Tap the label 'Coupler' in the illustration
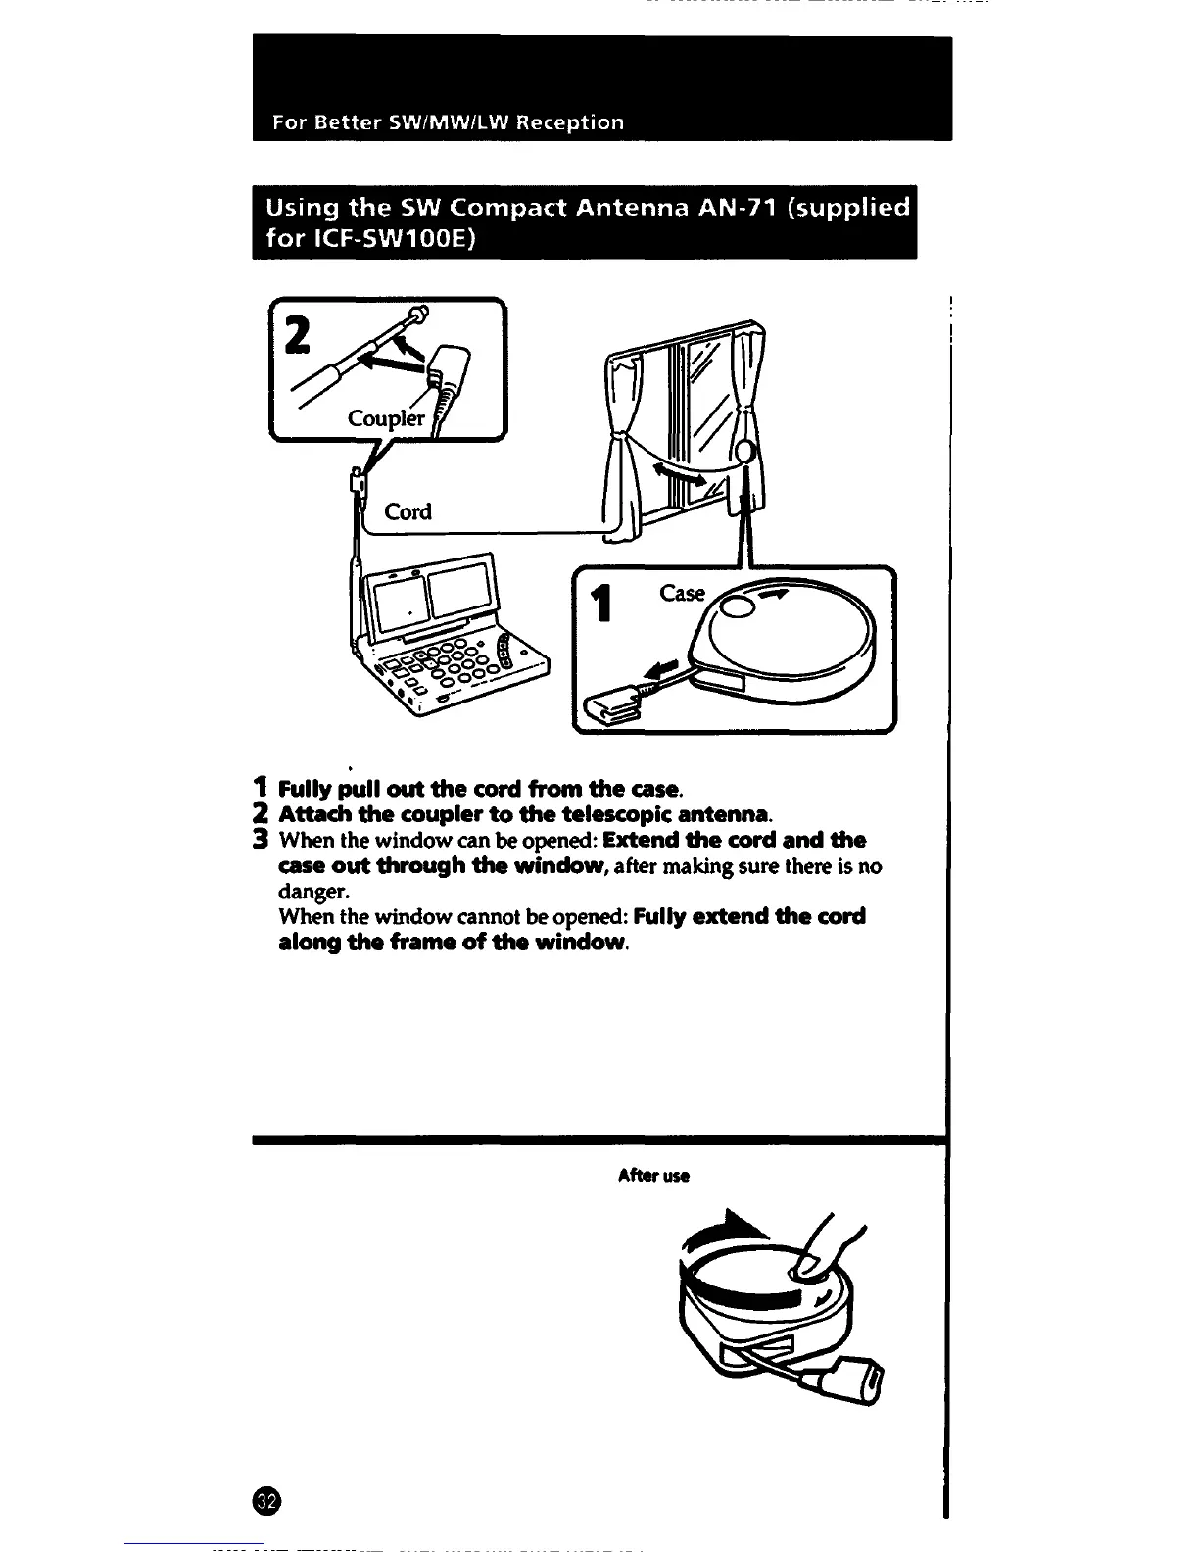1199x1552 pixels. [x=386, y=418]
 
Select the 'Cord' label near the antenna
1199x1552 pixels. [x=408, y=511]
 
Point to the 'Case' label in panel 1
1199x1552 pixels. [x=682, y=593]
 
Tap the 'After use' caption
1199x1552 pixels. [x=653, y=1176]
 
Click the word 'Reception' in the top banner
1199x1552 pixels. [x=570, y=123]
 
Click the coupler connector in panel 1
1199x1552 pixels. [x=613, y=703]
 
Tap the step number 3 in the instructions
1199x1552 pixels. [x=260, y=840]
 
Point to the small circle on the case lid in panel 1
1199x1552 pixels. [x=739, y=607]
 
